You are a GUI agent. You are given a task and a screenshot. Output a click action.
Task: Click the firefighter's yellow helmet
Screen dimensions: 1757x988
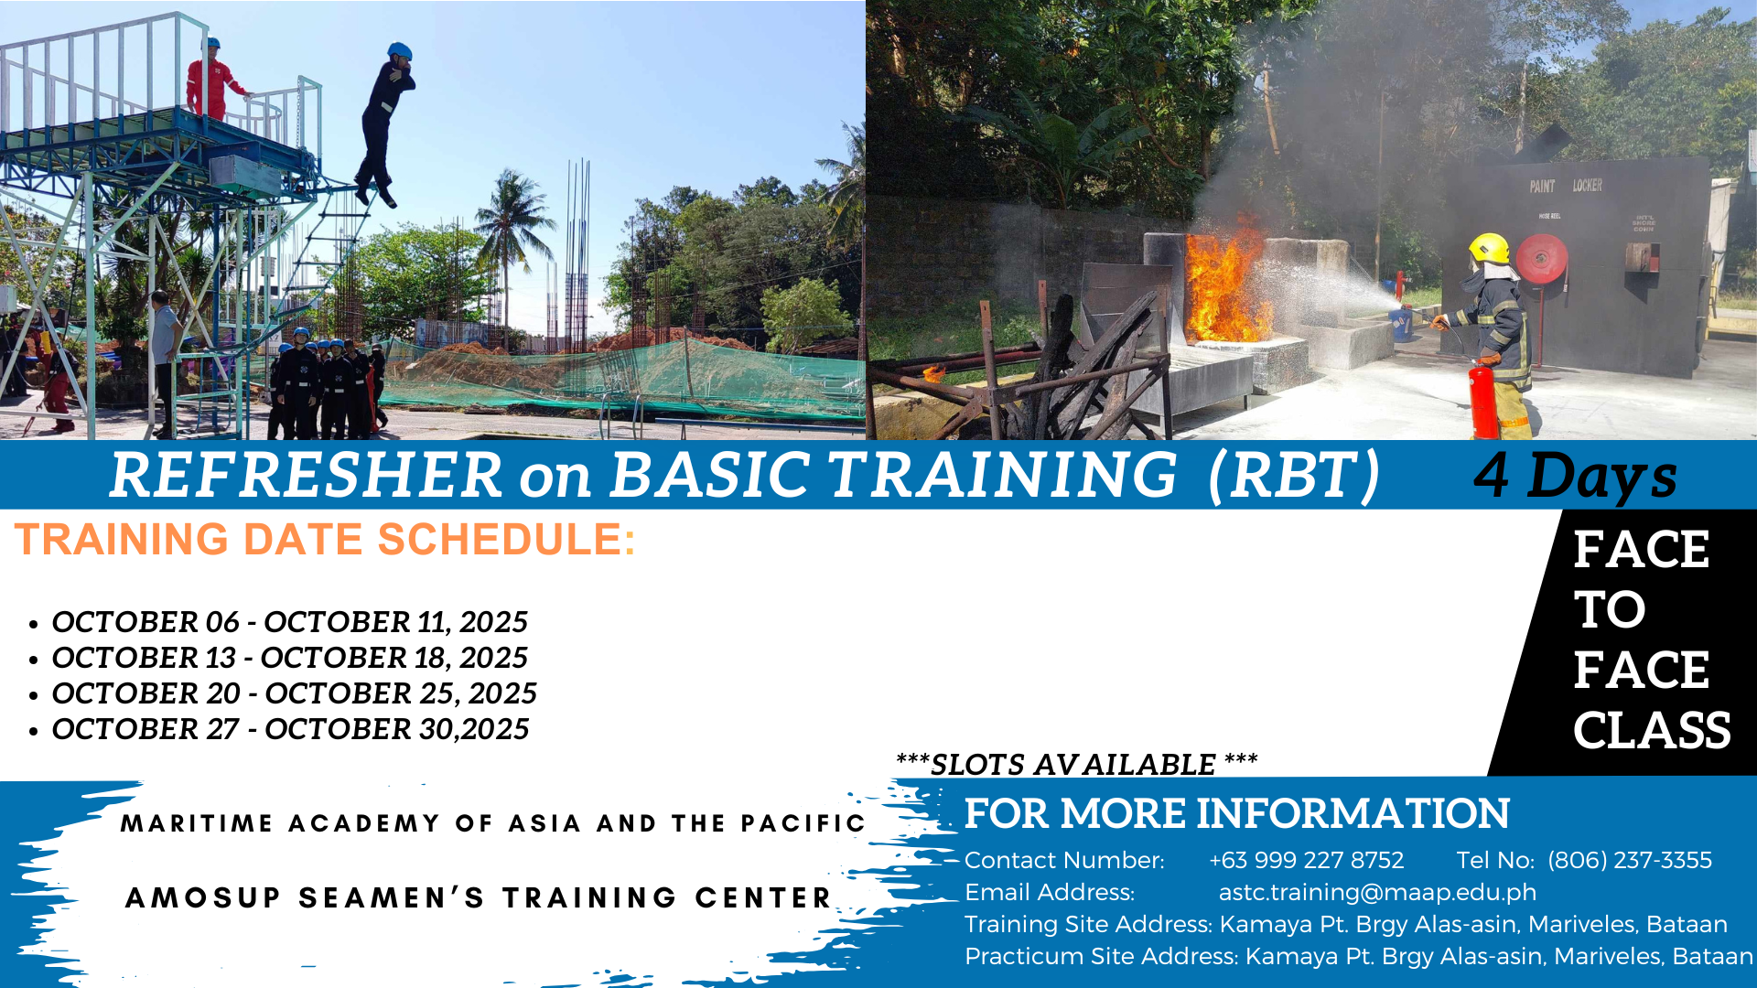[1489, 248]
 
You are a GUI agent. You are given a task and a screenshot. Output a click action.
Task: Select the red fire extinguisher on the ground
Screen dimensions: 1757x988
[1482, 399]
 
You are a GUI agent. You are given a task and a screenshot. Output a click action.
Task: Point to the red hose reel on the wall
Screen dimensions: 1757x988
[1541, 259]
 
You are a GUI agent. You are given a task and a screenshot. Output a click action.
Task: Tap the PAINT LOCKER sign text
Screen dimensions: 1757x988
[1566, 186]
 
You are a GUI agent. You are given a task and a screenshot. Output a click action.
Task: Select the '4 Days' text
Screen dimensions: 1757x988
[1575, 476]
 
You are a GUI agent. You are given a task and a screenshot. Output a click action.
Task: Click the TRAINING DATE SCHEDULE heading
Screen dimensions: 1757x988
[325, 539]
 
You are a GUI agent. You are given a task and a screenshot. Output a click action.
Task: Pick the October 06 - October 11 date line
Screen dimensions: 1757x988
[289, 622]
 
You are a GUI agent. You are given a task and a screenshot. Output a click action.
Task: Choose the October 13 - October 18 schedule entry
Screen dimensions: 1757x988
[289, 658]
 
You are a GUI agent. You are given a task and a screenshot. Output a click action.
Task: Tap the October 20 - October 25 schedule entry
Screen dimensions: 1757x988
[294, 693]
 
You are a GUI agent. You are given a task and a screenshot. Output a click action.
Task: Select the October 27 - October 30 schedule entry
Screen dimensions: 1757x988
[290, 729]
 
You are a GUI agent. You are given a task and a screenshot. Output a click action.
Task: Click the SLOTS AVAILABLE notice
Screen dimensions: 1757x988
[1076, 764]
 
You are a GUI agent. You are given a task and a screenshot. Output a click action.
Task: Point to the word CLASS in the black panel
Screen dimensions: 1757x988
[1652, 730]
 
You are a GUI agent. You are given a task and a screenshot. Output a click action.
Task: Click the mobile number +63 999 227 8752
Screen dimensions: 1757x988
[1306, 860]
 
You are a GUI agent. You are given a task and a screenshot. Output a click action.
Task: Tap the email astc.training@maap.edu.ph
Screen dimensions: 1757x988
[1377, 892]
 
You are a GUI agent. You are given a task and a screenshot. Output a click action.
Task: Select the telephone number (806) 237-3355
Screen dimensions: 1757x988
[1629, 860]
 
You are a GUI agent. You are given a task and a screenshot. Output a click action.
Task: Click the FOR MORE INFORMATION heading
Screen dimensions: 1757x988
[1236, 813]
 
